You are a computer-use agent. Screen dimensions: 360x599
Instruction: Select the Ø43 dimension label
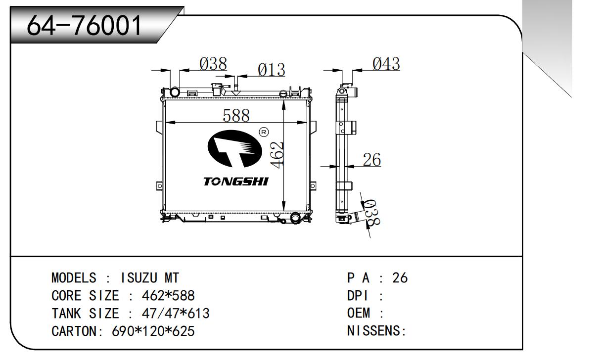(386, 64)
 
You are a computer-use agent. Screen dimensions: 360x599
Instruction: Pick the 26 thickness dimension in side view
(371, 160)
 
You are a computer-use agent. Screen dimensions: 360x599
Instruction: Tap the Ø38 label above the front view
(213, 64)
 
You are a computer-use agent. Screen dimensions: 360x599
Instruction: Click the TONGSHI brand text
(235, 181)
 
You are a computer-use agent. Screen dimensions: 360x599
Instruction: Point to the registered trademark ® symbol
(264, 132)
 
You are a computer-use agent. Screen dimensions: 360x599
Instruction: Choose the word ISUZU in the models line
(136, 278)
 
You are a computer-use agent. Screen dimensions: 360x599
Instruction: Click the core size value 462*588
(168, 296)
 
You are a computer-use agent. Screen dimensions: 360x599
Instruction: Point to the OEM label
(359, 314)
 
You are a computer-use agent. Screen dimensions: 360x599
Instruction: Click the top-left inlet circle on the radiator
(175, 92)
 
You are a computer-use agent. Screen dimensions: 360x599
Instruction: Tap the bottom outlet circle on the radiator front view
(295, 217)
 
